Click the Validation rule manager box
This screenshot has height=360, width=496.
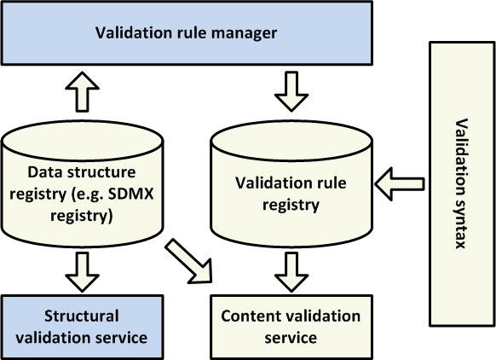[x=187, y=33]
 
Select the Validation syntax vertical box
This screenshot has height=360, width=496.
[x=462, y=183]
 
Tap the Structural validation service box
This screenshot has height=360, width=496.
[x=83, y=327]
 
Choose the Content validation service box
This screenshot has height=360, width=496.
[x=291, y=327]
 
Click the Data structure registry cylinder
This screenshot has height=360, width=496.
[x=83, y=183]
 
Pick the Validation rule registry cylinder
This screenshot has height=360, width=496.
[x=291, y=183]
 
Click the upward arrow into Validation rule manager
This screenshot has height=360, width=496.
[x=83, y=92]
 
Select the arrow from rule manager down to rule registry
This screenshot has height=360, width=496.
[x=291, y=92]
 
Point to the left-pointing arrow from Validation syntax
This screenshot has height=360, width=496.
[x=399, y=183]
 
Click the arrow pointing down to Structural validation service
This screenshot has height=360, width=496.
[x=83, y=272]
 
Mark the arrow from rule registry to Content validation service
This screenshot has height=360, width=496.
[x=291, y=272]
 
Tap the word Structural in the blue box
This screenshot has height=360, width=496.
[x=82, y=316]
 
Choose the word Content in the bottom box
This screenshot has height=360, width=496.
[x=248, y=316]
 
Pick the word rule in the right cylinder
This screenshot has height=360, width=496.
[x=332, y=183]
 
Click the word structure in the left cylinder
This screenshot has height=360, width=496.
[x=101, y=172]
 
